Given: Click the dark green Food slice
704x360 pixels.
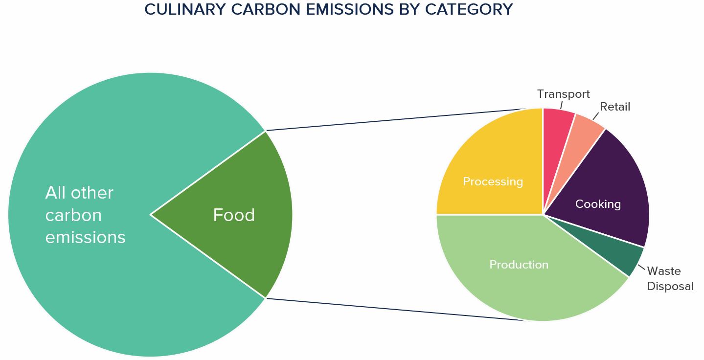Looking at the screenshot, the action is coord(239,215).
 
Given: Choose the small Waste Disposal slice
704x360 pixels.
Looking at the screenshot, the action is coord(616,251).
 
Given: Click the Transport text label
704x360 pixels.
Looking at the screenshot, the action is coord(563,94).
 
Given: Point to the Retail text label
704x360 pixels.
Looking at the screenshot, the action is coord(615,107).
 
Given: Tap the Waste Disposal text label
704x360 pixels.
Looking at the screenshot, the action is coord(670,279).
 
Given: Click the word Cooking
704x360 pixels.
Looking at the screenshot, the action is coord(598,204).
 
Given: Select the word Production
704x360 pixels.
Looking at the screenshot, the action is coord(519,265).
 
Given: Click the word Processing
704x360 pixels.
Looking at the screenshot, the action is coord(493,181).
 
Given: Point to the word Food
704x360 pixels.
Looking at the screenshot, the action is coord(234,215).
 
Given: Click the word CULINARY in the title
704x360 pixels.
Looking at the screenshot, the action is coord(185,9).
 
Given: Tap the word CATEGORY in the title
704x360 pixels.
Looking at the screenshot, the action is coord(469,9).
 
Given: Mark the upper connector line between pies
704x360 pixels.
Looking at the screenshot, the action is coord(396,119).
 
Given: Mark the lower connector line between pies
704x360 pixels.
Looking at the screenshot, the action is coord(396,310).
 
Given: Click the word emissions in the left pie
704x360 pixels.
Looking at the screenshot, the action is coord(85,237).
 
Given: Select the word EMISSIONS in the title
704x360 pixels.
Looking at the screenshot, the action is coord(349,9).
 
